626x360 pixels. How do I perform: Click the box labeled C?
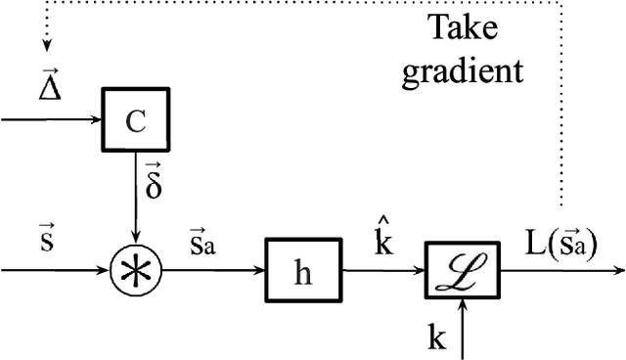coord(136,120)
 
